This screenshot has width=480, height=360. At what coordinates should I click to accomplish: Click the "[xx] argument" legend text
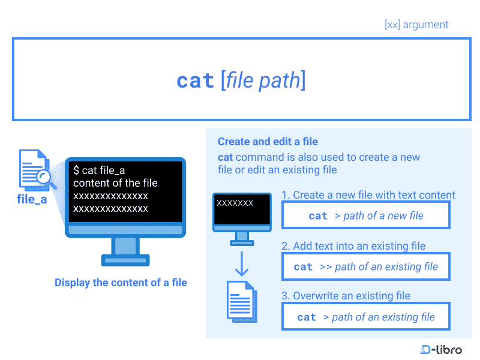click(x=416, y=25)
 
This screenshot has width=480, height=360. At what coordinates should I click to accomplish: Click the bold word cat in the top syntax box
click(x=195, y=81)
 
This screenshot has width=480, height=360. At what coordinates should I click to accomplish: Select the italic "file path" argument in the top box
click(x=263, y=80)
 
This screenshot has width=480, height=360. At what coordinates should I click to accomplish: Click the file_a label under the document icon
click(x=32, y=199)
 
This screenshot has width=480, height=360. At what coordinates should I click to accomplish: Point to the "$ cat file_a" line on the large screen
click(x=99, y=170)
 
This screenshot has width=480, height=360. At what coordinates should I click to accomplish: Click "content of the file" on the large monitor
click(x=115, y=183)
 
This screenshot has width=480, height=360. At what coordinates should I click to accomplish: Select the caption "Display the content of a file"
click(x=121, y=282)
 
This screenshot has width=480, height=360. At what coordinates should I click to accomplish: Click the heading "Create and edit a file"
click(x=268, y=142)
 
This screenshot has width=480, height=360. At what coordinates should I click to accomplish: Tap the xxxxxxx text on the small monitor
click(x=235, y=203)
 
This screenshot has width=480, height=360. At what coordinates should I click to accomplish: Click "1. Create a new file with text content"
click(x=368, y=195)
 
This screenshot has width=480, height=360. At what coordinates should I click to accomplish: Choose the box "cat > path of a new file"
click(x=365, y=215)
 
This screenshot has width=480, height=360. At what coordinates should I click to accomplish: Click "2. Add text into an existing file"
click(x=353, y=246)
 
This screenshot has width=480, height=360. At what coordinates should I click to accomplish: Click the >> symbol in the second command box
click(x=326, y=266)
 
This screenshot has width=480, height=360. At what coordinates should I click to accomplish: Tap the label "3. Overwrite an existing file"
click(x=346, y=296)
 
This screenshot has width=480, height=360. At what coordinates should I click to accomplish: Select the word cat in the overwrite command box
click(x=307, y=317)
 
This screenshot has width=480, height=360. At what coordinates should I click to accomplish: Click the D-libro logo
click(x=441, y=349)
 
